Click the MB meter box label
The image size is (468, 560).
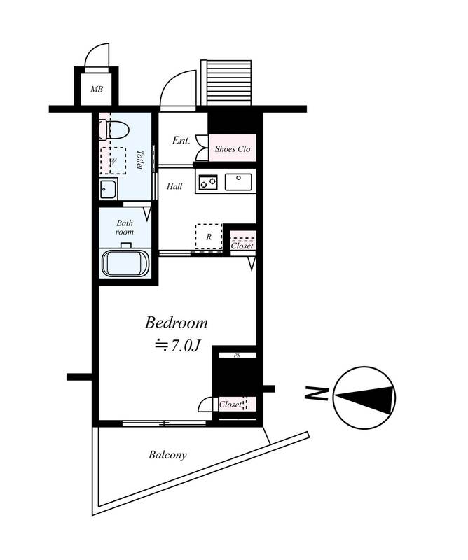[97, 89]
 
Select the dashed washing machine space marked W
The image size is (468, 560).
[113, 161]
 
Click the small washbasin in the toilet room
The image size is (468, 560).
[108, 188]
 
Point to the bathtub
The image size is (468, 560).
[125, 263]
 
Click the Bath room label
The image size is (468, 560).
[125, 227]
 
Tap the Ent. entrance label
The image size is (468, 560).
[181, 141]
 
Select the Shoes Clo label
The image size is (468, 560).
[233, 149]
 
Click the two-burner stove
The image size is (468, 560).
[207, 182]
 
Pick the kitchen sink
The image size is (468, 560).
[238, 182]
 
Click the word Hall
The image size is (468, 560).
[174, 186]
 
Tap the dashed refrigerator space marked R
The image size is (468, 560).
[209, 237]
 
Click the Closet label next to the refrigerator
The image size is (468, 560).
[242, 246]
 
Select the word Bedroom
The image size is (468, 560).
[176, 323]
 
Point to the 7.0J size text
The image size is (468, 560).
[177, 345]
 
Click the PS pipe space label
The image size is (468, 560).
[237, 356]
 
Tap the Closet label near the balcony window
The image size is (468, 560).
[230, 405]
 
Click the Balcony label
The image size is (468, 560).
[167, 455]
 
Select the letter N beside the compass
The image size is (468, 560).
[316, 393]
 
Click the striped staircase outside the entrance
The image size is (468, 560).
[226, 83]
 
